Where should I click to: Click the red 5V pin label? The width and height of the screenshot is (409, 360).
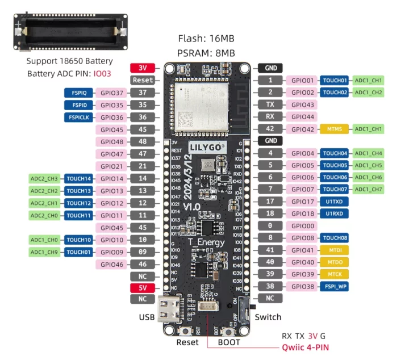pos(143,287)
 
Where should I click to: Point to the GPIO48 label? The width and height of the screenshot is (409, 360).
pos(112,141)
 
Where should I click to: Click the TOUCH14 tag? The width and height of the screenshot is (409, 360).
pos(78,178)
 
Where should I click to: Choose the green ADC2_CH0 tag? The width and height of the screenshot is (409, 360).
pos(44,215)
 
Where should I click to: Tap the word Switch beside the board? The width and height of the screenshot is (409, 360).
pos(268,317)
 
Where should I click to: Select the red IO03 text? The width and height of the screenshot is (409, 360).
pos(102,74)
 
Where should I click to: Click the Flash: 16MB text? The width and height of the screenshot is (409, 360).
pos(206,39)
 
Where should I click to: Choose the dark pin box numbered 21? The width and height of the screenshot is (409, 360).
pos(143,166)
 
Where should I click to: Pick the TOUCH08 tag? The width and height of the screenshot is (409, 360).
pos(335,238)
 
